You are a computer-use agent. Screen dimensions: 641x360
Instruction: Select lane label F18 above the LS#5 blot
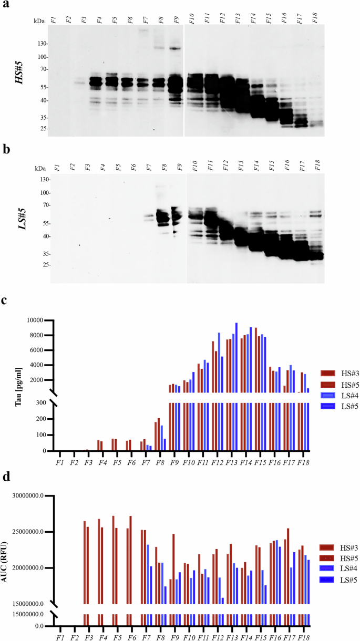pyautogui.click(x=317, y=168)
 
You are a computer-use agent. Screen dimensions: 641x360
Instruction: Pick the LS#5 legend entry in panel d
pyautogui.click(x=337, y=579)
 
